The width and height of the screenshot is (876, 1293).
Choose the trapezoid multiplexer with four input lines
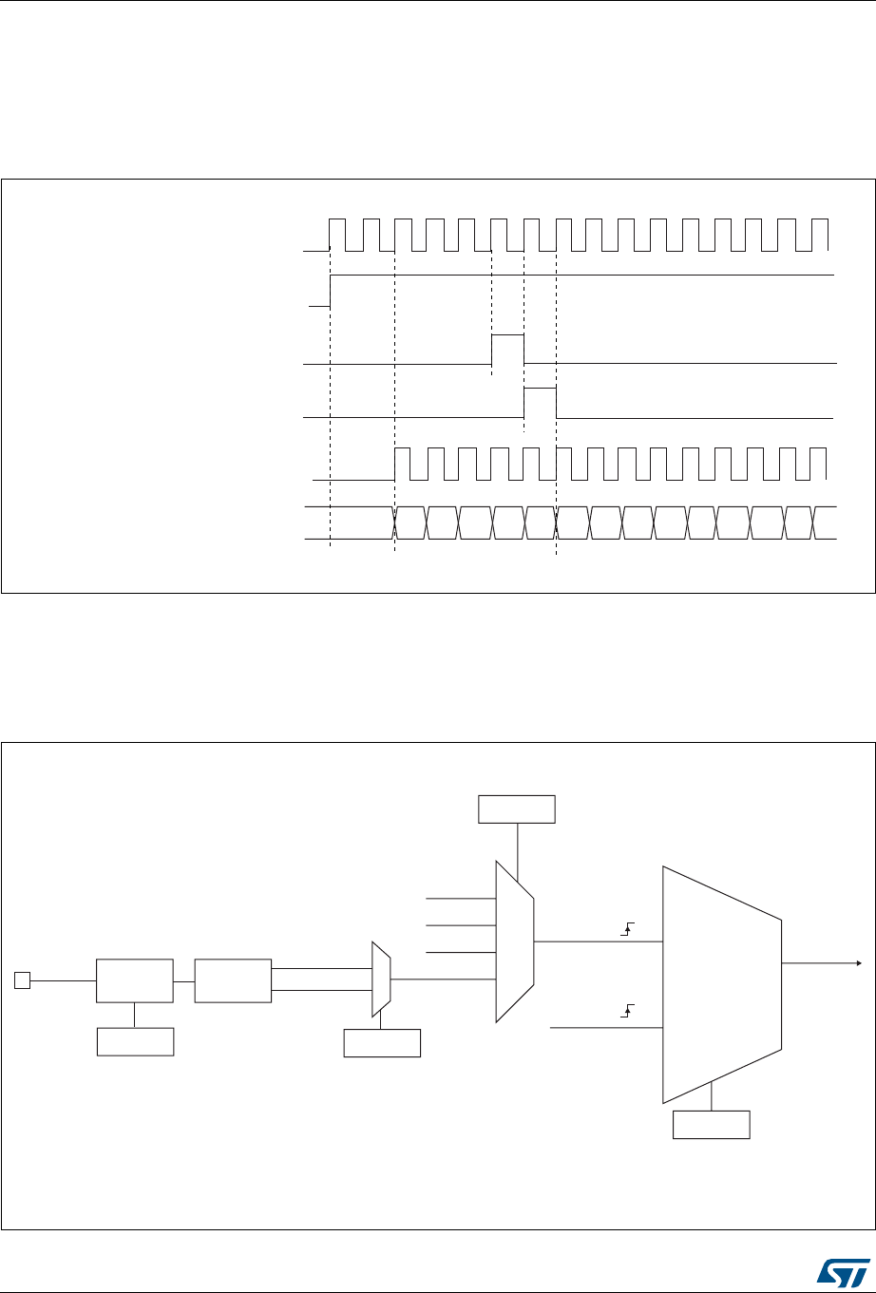515,941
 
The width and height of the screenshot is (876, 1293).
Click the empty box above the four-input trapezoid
517,809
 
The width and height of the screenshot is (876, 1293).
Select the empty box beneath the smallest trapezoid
381,1042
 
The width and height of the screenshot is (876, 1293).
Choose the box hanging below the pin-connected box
135,1042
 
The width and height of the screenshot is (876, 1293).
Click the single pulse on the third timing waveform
507,349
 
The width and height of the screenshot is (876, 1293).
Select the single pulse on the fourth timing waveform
540,402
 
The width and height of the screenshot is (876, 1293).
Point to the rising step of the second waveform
330,291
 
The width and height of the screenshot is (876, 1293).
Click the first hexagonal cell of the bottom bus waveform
409,523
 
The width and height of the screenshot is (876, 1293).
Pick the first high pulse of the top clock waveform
337,234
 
